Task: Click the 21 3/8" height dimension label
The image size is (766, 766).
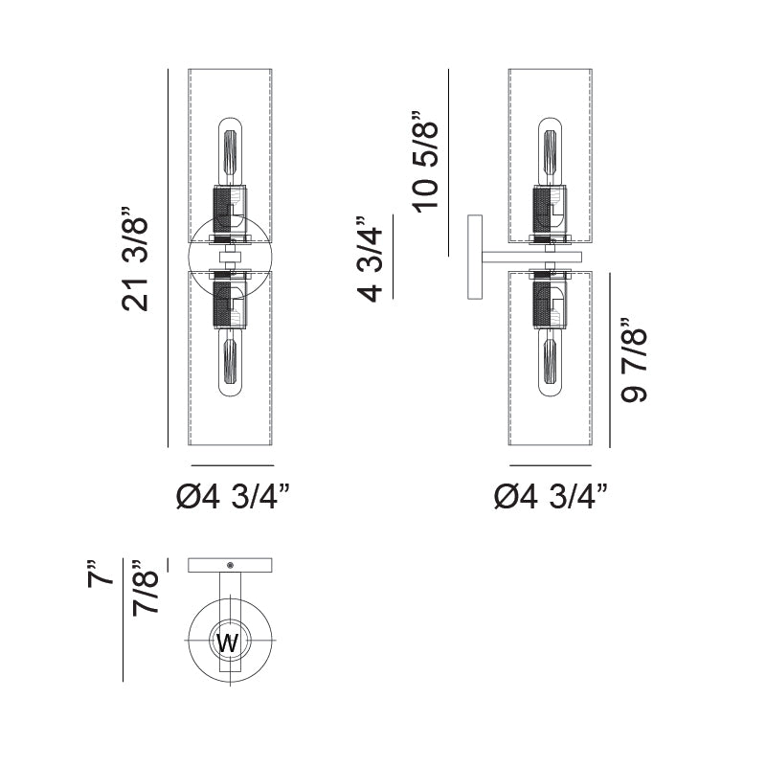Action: coord(137,257)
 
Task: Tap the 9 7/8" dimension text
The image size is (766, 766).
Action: coord(633,362)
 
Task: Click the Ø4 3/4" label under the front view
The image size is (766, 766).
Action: coord(233,496)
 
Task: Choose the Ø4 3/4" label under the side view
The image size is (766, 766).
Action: coord(551,496)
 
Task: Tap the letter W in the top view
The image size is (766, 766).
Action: coord(228,643)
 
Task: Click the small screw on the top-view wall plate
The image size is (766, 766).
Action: coord(231,565)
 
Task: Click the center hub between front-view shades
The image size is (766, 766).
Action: coord(231,257)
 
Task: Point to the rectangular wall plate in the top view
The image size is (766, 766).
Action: coord(231,565)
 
